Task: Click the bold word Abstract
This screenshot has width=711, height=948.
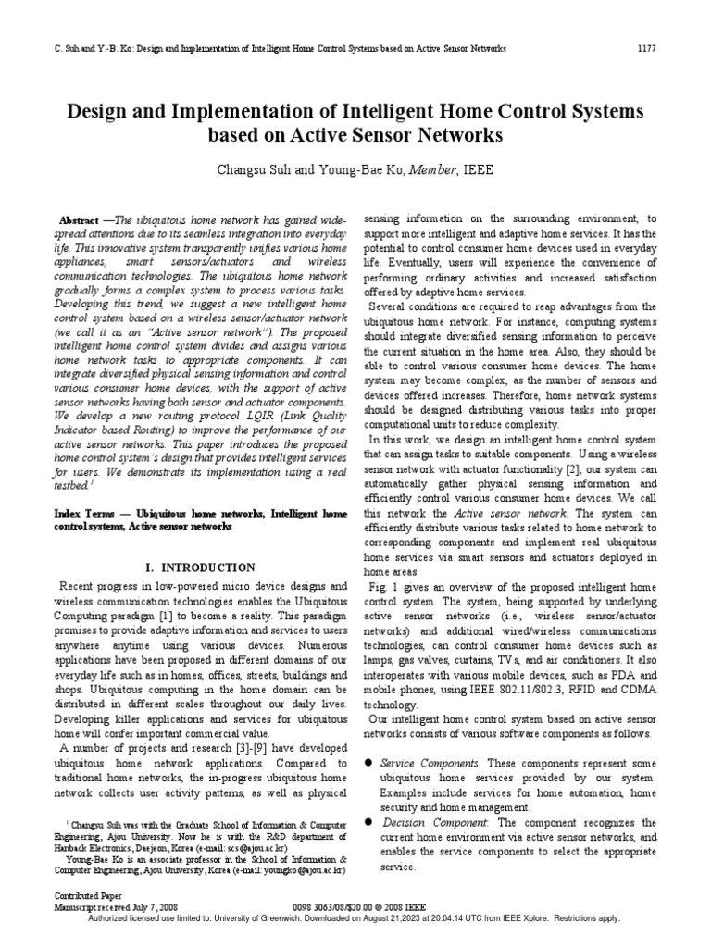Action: point(79,222)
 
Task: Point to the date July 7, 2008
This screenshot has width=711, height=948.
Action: point(143,907)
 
